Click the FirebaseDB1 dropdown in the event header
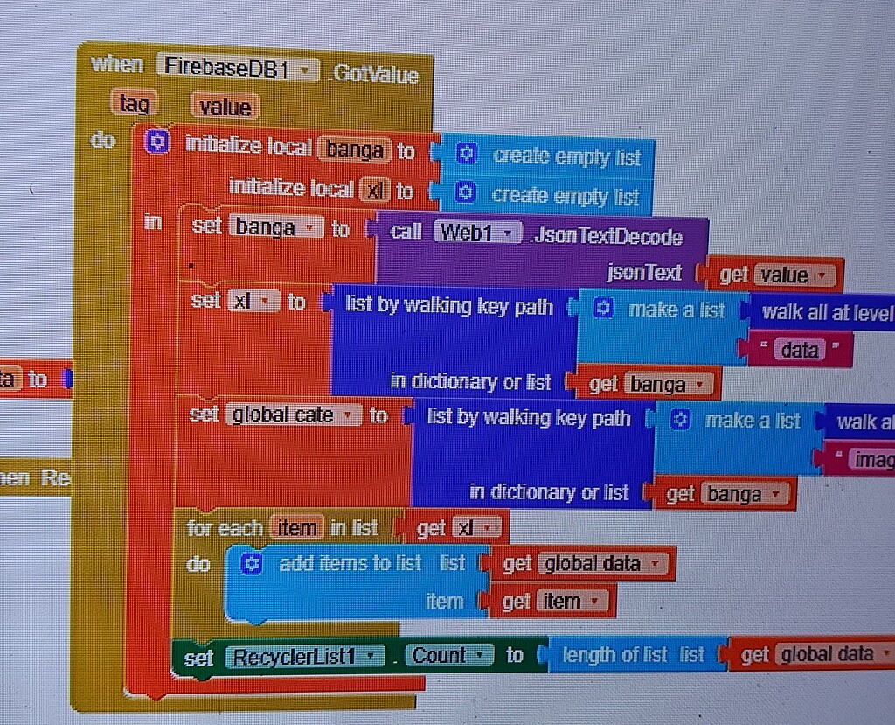point(237,69)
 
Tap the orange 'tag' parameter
point(134,105)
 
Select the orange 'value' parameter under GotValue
point(224,108)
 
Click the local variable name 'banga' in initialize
point(354,150)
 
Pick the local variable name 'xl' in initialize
point(373,190)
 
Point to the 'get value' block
point(774,275)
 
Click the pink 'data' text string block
point(799,351)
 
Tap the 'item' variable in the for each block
point(296,528)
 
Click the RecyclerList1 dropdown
point(304,656)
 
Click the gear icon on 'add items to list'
point(252,564)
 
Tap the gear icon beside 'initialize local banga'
point(156,143)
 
